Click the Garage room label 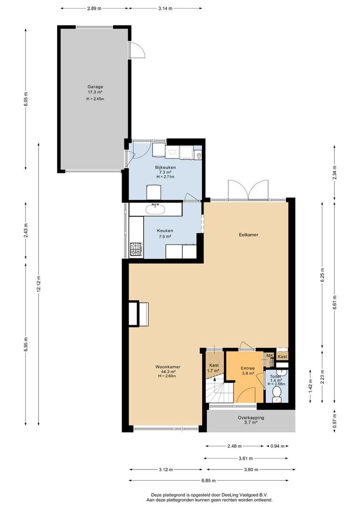tap(95, 87)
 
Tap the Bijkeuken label tap(165, 167)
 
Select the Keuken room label tap(165, 231)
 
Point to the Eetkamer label tap(248, 235)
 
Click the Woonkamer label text tap(168, 367)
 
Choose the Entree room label tap(248, 369)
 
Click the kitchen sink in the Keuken tap(156, 209)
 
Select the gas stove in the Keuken tap(136, 249)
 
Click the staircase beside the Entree tap(220, 391)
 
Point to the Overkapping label tap(251, 418)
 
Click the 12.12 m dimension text tap(39, 285)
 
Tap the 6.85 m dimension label tap(208, 480)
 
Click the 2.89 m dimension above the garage tap(94, 8)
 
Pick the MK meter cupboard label tap(270, 356)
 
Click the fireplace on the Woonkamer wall tap(139, 313)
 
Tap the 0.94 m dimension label tap(278, 446)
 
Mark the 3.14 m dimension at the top tap(165, 8)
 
